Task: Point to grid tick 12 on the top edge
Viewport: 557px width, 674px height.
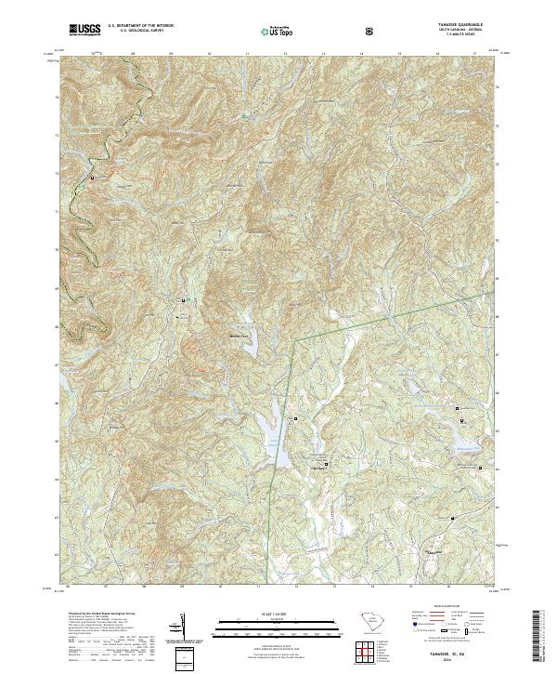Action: tap(285, 54)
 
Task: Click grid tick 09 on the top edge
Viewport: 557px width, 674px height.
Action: tap(172, 54)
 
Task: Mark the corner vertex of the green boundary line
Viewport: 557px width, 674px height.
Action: tap(294, 340)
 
